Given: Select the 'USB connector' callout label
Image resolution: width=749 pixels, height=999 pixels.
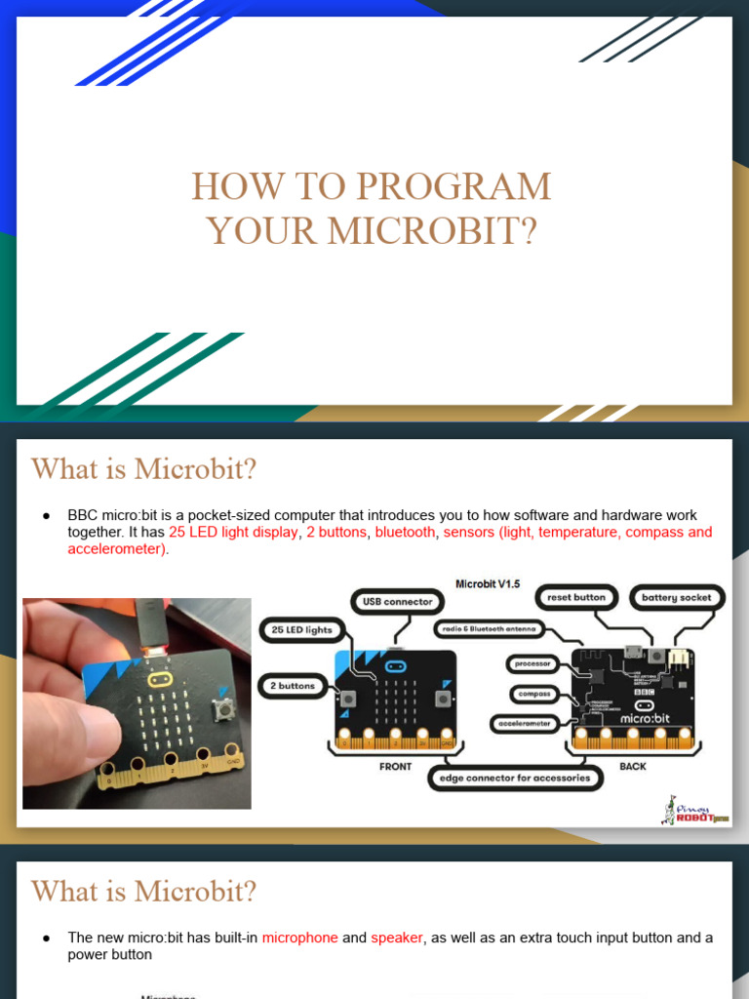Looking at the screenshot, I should (397, 602).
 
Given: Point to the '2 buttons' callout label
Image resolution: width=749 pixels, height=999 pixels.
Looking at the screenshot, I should (293, 686).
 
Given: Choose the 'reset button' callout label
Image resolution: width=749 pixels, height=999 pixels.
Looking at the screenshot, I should (575, 597).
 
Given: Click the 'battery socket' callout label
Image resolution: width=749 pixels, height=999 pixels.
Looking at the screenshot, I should (676, 597).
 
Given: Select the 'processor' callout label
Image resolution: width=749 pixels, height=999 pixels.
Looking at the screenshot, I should (532, 663).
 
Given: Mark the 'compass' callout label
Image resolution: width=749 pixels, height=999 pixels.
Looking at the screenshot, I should (534, 694).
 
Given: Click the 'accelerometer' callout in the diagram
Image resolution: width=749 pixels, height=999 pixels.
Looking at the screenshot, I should (523, 723).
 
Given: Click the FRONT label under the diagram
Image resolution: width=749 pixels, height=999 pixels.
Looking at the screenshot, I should (395, 767).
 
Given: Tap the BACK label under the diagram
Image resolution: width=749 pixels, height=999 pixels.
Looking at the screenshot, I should (633, 767).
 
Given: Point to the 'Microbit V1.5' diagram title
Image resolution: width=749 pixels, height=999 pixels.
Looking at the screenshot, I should (488, 583).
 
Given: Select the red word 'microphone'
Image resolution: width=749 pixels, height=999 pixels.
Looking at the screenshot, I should (299, 938).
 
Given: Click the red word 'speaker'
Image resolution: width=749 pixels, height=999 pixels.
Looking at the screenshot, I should (397, 938).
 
